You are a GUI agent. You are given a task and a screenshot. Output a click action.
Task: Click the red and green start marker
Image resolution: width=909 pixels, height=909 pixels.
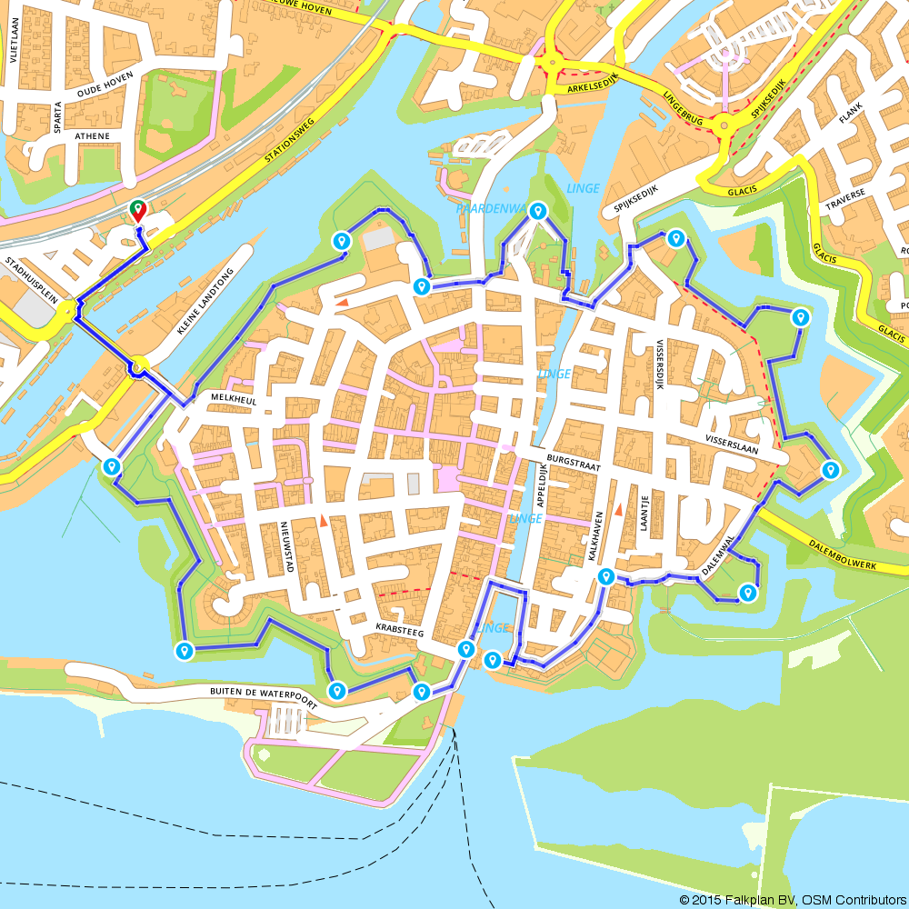tap(137, 210)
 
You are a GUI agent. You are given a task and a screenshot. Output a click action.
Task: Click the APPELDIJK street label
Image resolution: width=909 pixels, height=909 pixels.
tap(543, 487)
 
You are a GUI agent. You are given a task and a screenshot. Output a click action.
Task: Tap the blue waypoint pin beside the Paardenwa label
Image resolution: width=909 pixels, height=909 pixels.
tap(538, 212)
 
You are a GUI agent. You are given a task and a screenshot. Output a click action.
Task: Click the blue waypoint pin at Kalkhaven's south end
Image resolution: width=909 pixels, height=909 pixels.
tap(605, 576)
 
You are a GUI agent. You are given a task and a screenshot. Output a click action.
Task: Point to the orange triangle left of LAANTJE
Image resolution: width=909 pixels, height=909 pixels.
tap(618, 511)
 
